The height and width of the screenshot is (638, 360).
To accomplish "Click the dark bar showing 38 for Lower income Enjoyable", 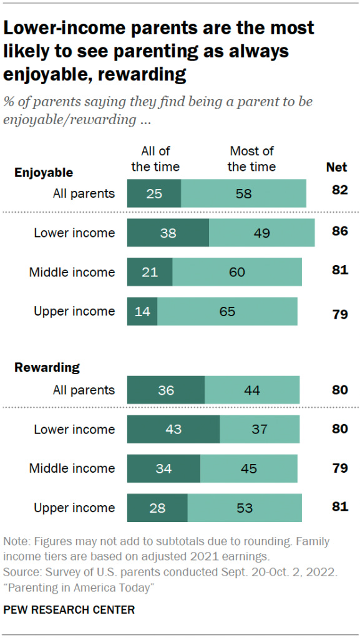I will coord(168,233).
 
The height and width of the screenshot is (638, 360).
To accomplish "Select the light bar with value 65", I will coord(227,311).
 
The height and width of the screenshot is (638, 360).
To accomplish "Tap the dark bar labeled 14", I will coord(142,311).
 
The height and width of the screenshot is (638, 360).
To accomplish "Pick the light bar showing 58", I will coord(243,193).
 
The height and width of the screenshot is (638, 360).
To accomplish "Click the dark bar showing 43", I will coord(173,429).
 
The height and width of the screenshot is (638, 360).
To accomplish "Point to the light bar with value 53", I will coord(245,508).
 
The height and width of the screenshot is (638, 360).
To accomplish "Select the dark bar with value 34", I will coord(163,468).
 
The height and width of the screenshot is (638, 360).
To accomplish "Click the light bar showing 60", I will coord(237,272).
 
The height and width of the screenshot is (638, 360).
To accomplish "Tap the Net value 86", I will coord(339,232).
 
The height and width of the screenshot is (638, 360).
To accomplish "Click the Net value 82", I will coord(339,190).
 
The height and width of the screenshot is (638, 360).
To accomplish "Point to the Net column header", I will coord(337,167).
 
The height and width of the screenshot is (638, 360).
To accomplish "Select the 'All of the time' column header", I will coord(155,159).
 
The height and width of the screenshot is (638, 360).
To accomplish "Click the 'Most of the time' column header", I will coord(251,159).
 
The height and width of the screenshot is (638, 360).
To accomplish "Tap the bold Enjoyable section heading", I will coord(44,173).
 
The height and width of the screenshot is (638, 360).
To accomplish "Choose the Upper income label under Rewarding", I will coord(74,508).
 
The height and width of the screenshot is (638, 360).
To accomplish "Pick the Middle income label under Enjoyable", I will coord(72,272).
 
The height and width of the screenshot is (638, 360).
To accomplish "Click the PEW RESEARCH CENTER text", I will coord(69,609).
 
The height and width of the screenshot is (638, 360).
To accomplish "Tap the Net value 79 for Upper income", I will coord(339,314).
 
